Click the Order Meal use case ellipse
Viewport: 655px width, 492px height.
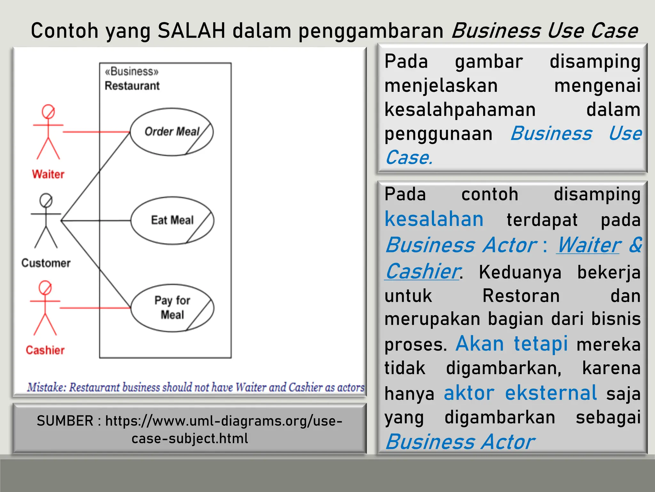172,132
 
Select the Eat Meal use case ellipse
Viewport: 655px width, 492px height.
172,220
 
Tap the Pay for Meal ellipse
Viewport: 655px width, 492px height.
172,308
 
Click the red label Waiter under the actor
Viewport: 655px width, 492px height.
48,174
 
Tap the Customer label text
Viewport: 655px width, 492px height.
46,263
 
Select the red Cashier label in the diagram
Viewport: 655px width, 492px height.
45,350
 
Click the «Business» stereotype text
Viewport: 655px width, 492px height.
131,71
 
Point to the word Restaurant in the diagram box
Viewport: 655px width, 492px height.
132,86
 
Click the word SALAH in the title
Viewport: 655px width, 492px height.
192,31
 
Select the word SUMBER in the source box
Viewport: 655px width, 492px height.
65,421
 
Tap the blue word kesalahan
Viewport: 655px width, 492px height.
434,219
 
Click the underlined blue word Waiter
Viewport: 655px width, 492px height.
589,245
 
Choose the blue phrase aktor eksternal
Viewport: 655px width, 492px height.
520,393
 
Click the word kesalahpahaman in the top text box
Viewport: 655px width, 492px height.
460,110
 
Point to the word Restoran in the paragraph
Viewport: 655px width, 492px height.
521,296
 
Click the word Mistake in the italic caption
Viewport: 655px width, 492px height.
46,387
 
